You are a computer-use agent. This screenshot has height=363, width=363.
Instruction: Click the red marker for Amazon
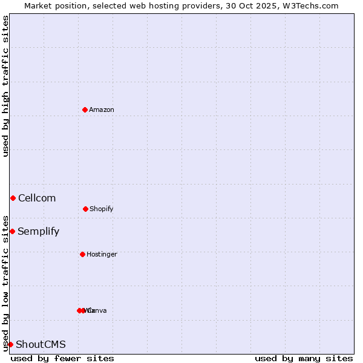pos(85,110)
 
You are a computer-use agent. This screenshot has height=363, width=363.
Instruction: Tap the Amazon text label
pos(102,110)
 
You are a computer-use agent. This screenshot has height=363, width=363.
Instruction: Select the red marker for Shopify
pos(85,209)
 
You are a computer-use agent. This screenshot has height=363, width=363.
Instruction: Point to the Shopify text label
pos(102,209)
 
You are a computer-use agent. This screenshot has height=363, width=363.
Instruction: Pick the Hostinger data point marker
pos(82,254)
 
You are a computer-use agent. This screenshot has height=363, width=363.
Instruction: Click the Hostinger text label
pos(102,254)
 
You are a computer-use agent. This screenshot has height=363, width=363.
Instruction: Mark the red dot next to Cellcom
pos(13,198)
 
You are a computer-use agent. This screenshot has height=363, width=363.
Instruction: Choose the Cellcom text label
pos(37,198)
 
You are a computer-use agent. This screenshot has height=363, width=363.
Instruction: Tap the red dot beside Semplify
pos(12,231)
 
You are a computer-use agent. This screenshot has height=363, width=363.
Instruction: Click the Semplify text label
pos(39,231)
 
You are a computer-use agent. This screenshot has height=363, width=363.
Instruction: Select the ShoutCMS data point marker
pos(10,344)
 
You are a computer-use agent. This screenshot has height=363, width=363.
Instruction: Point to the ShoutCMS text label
pos(41,344)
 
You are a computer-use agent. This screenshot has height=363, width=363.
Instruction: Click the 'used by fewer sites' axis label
pos(62,358)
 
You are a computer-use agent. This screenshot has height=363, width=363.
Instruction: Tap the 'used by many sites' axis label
pos(304,358)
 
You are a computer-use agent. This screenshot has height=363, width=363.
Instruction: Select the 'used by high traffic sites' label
pos(5,86)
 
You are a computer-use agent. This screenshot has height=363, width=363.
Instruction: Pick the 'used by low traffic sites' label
pos(5,283)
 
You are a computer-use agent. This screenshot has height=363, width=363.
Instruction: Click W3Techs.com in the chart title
pos(312,5)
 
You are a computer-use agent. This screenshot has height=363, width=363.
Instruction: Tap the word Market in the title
pos(39,5)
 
